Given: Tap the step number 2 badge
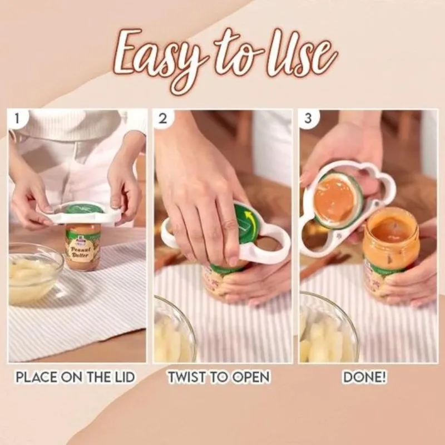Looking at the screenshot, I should pos(162,118).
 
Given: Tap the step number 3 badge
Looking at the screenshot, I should pos(309,118).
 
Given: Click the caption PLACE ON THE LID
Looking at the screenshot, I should pos(75,377).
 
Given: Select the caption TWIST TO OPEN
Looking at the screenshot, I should pos(219,377).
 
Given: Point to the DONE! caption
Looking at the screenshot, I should pos(365,377).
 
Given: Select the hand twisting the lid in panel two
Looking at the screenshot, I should pos(200,189).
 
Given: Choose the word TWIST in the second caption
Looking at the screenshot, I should pos(186,377).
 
